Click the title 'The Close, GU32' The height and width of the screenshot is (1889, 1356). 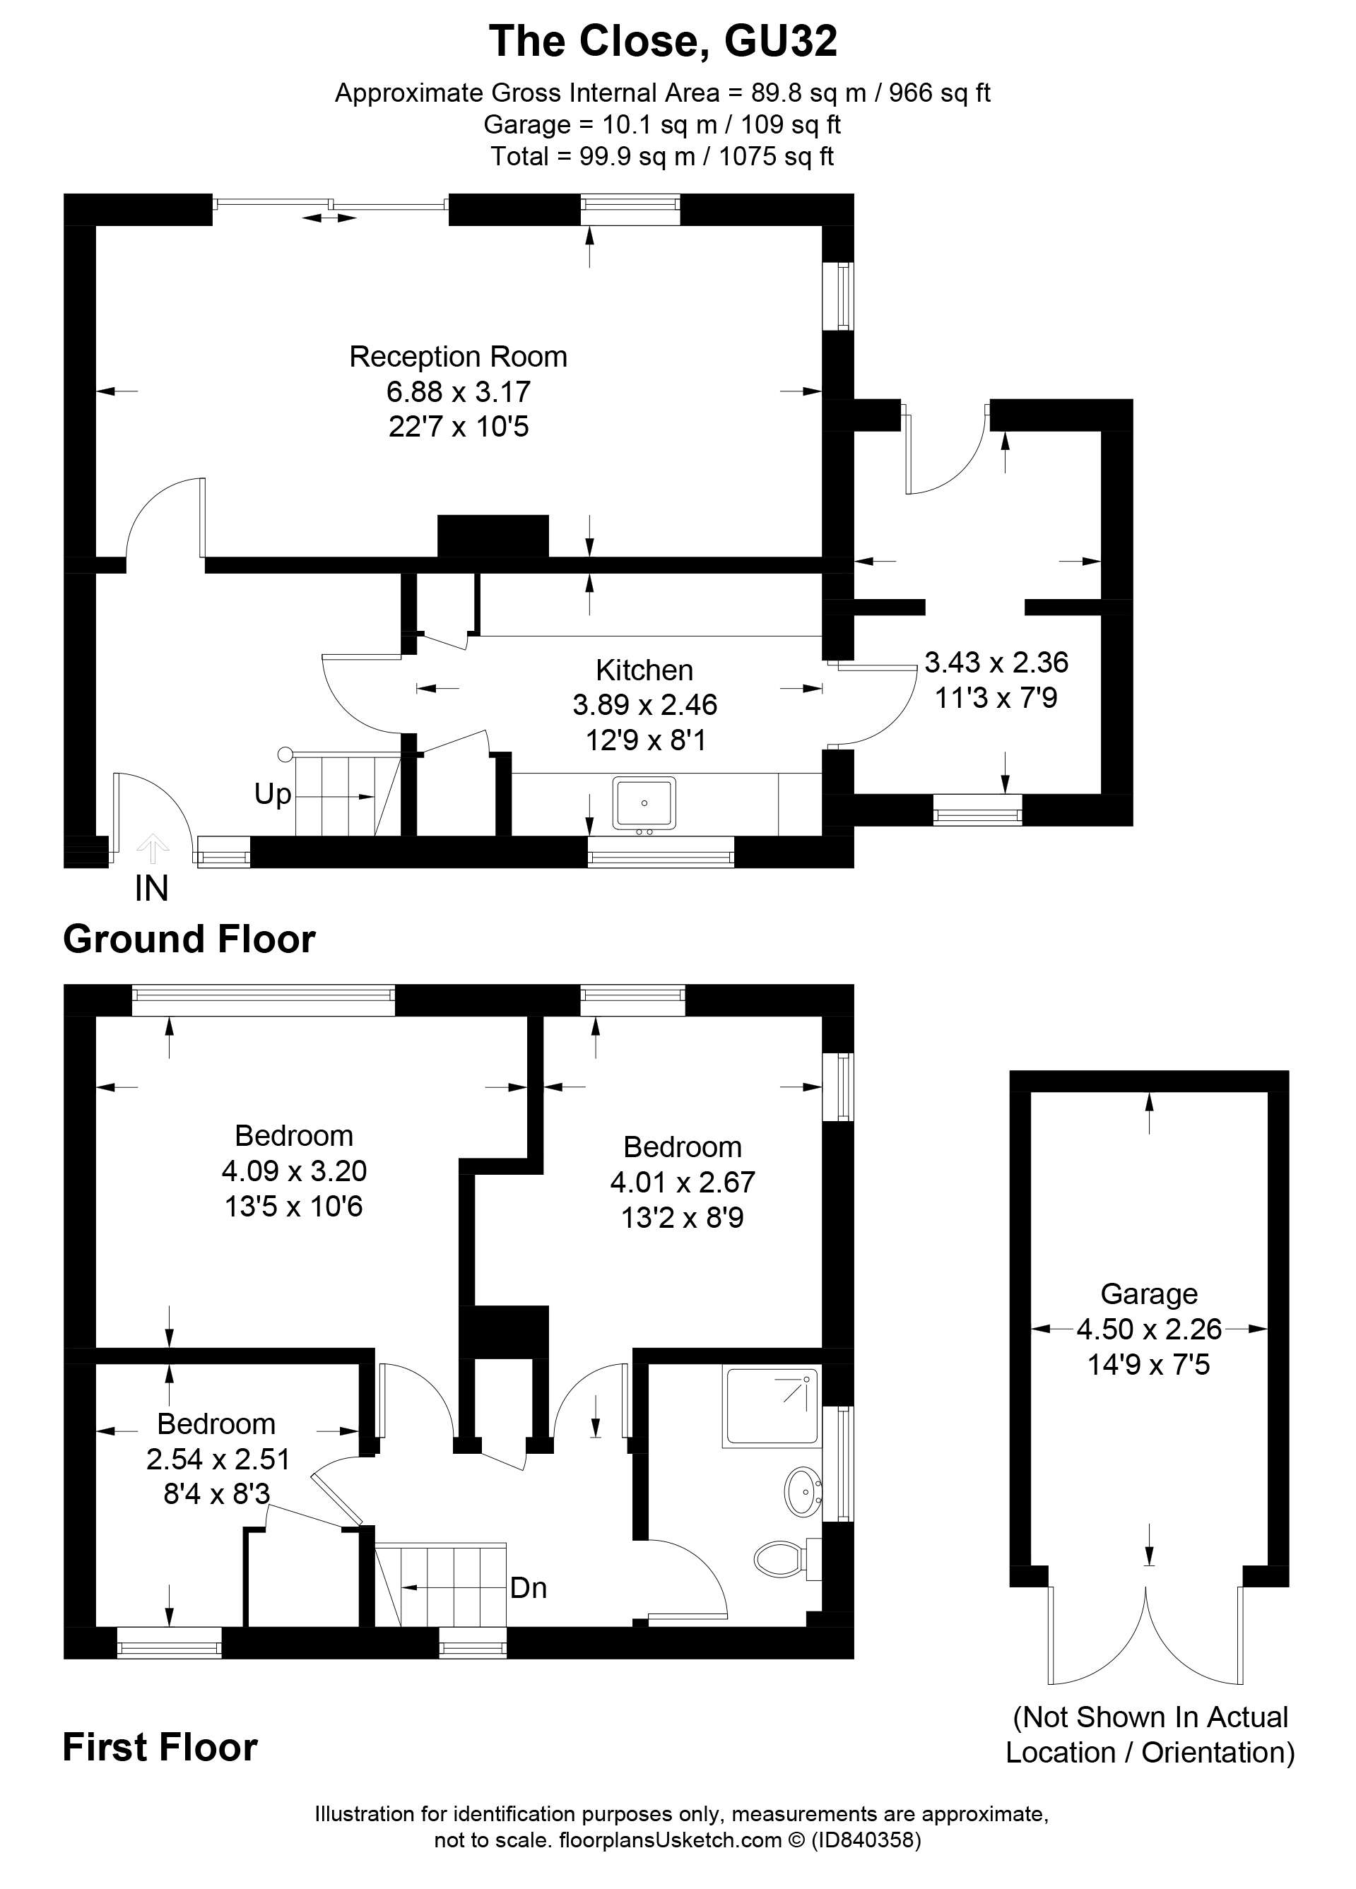(662, 42)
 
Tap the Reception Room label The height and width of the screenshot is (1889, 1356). (457, 357)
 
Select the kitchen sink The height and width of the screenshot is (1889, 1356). (644, 803)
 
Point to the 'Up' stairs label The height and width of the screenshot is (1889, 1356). (272, 795)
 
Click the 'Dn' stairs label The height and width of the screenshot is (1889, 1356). (528, 1587)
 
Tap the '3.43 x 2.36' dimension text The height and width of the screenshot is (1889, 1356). (996, 662)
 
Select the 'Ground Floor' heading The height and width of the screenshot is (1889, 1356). (189, 940)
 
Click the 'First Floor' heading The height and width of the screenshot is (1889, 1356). (160, 1748)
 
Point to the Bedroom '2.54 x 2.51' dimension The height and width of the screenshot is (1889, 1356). (218, 1459)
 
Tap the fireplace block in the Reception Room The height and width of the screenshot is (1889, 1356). (493, 535)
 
